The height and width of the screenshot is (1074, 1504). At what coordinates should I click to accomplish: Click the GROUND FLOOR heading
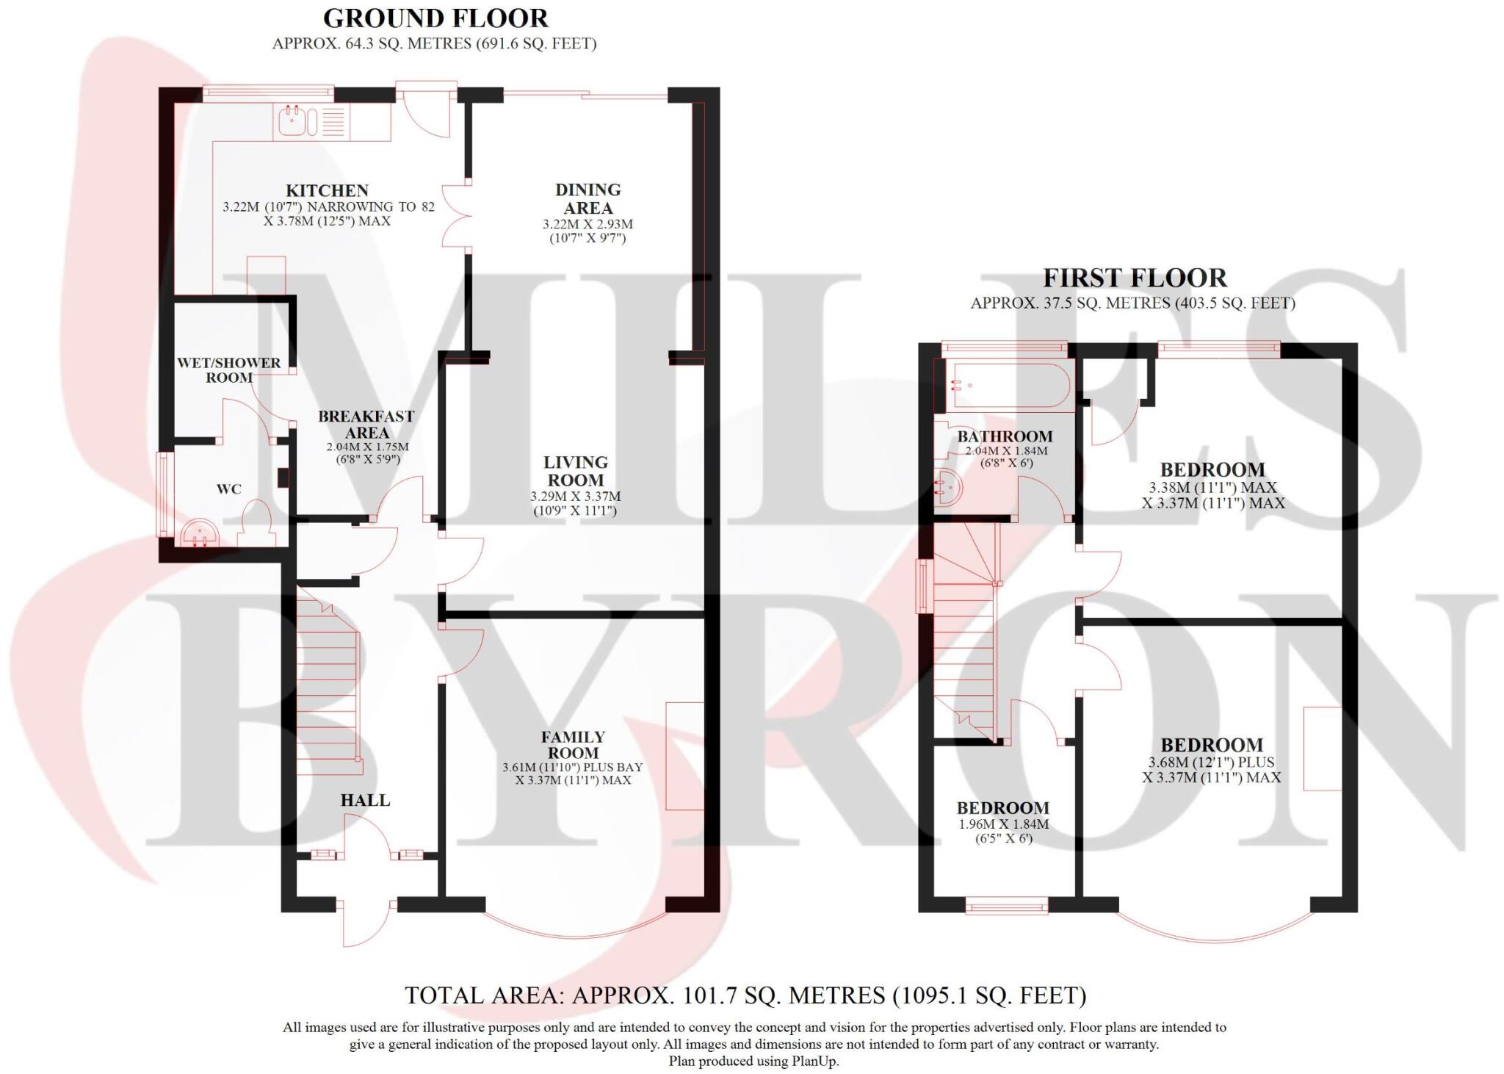pos(435,18)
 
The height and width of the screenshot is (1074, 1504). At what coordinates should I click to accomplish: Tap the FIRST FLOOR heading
pos(1135,278)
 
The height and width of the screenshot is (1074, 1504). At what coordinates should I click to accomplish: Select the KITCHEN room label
pos(327,191)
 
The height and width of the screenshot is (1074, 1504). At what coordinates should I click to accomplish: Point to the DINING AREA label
pos(587,199)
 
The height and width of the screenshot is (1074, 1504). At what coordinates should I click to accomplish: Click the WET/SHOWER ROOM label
pos(228,370)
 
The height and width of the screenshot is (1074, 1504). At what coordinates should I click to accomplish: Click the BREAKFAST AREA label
pos(366,425)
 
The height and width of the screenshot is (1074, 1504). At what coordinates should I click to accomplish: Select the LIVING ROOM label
pos(575,471)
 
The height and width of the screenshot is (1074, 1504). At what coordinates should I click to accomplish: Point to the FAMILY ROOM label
pos(573,744)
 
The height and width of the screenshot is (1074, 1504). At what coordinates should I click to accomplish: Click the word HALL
pos(365,800)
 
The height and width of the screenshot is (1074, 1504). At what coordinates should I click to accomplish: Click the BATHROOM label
pos(1005,436)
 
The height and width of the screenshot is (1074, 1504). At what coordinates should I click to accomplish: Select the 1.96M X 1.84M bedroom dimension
pos(1003,824)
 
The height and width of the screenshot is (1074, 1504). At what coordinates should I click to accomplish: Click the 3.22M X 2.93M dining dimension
pos(587,225)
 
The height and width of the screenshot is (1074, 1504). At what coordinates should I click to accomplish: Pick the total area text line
pos(745,995)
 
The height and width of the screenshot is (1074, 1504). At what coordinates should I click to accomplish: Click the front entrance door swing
pos(367,922)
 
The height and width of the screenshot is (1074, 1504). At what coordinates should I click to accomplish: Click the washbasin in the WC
pos(199,533)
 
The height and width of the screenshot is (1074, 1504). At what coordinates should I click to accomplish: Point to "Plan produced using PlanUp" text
pos(753,1061)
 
